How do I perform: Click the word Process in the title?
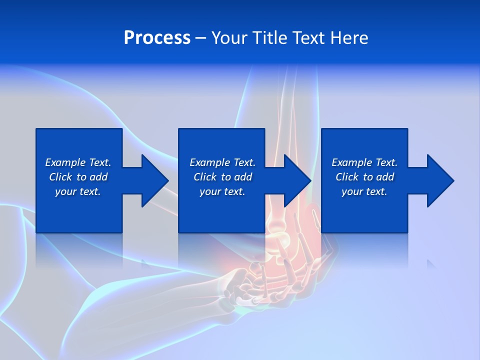157,37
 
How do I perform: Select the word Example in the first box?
65,162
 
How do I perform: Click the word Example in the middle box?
210,162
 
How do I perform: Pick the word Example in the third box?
352,162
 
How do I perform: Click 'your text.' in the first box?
78,191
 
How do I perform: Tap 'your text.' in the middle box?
222,191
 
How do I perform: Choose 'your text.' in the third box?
364,191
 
